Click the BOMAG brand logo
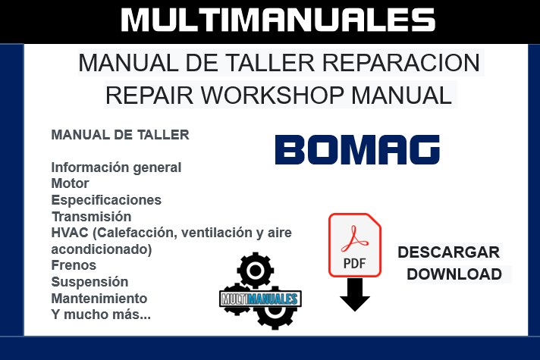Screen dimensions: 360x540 [357, 150]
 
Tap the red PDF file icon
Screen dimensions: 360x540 [354, 245]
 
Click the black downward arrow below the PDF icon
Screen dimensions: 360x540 [354, 296]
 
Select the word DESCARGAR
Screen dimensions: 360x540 [449, 252]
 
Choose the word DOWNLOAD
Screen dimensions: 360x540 [454, 274]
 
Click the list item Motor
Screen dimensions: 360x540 [70, 183]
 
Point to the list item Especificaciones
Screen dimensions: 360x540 [106, 200]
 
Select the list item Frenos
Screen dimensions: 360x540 [74, 265]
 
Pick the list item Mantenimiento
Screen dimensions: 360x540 [99, 299]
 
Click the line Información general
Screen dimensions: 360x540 [116, 167]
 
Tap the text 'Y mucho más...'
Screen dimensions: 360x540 [101, 315]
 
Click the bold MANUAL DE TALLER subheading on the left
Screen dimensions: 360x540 [120, 136]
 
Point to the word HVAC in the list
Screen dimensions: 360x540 [69, 233]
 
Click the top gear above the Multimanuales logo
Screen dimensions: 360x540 [254, 271]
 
